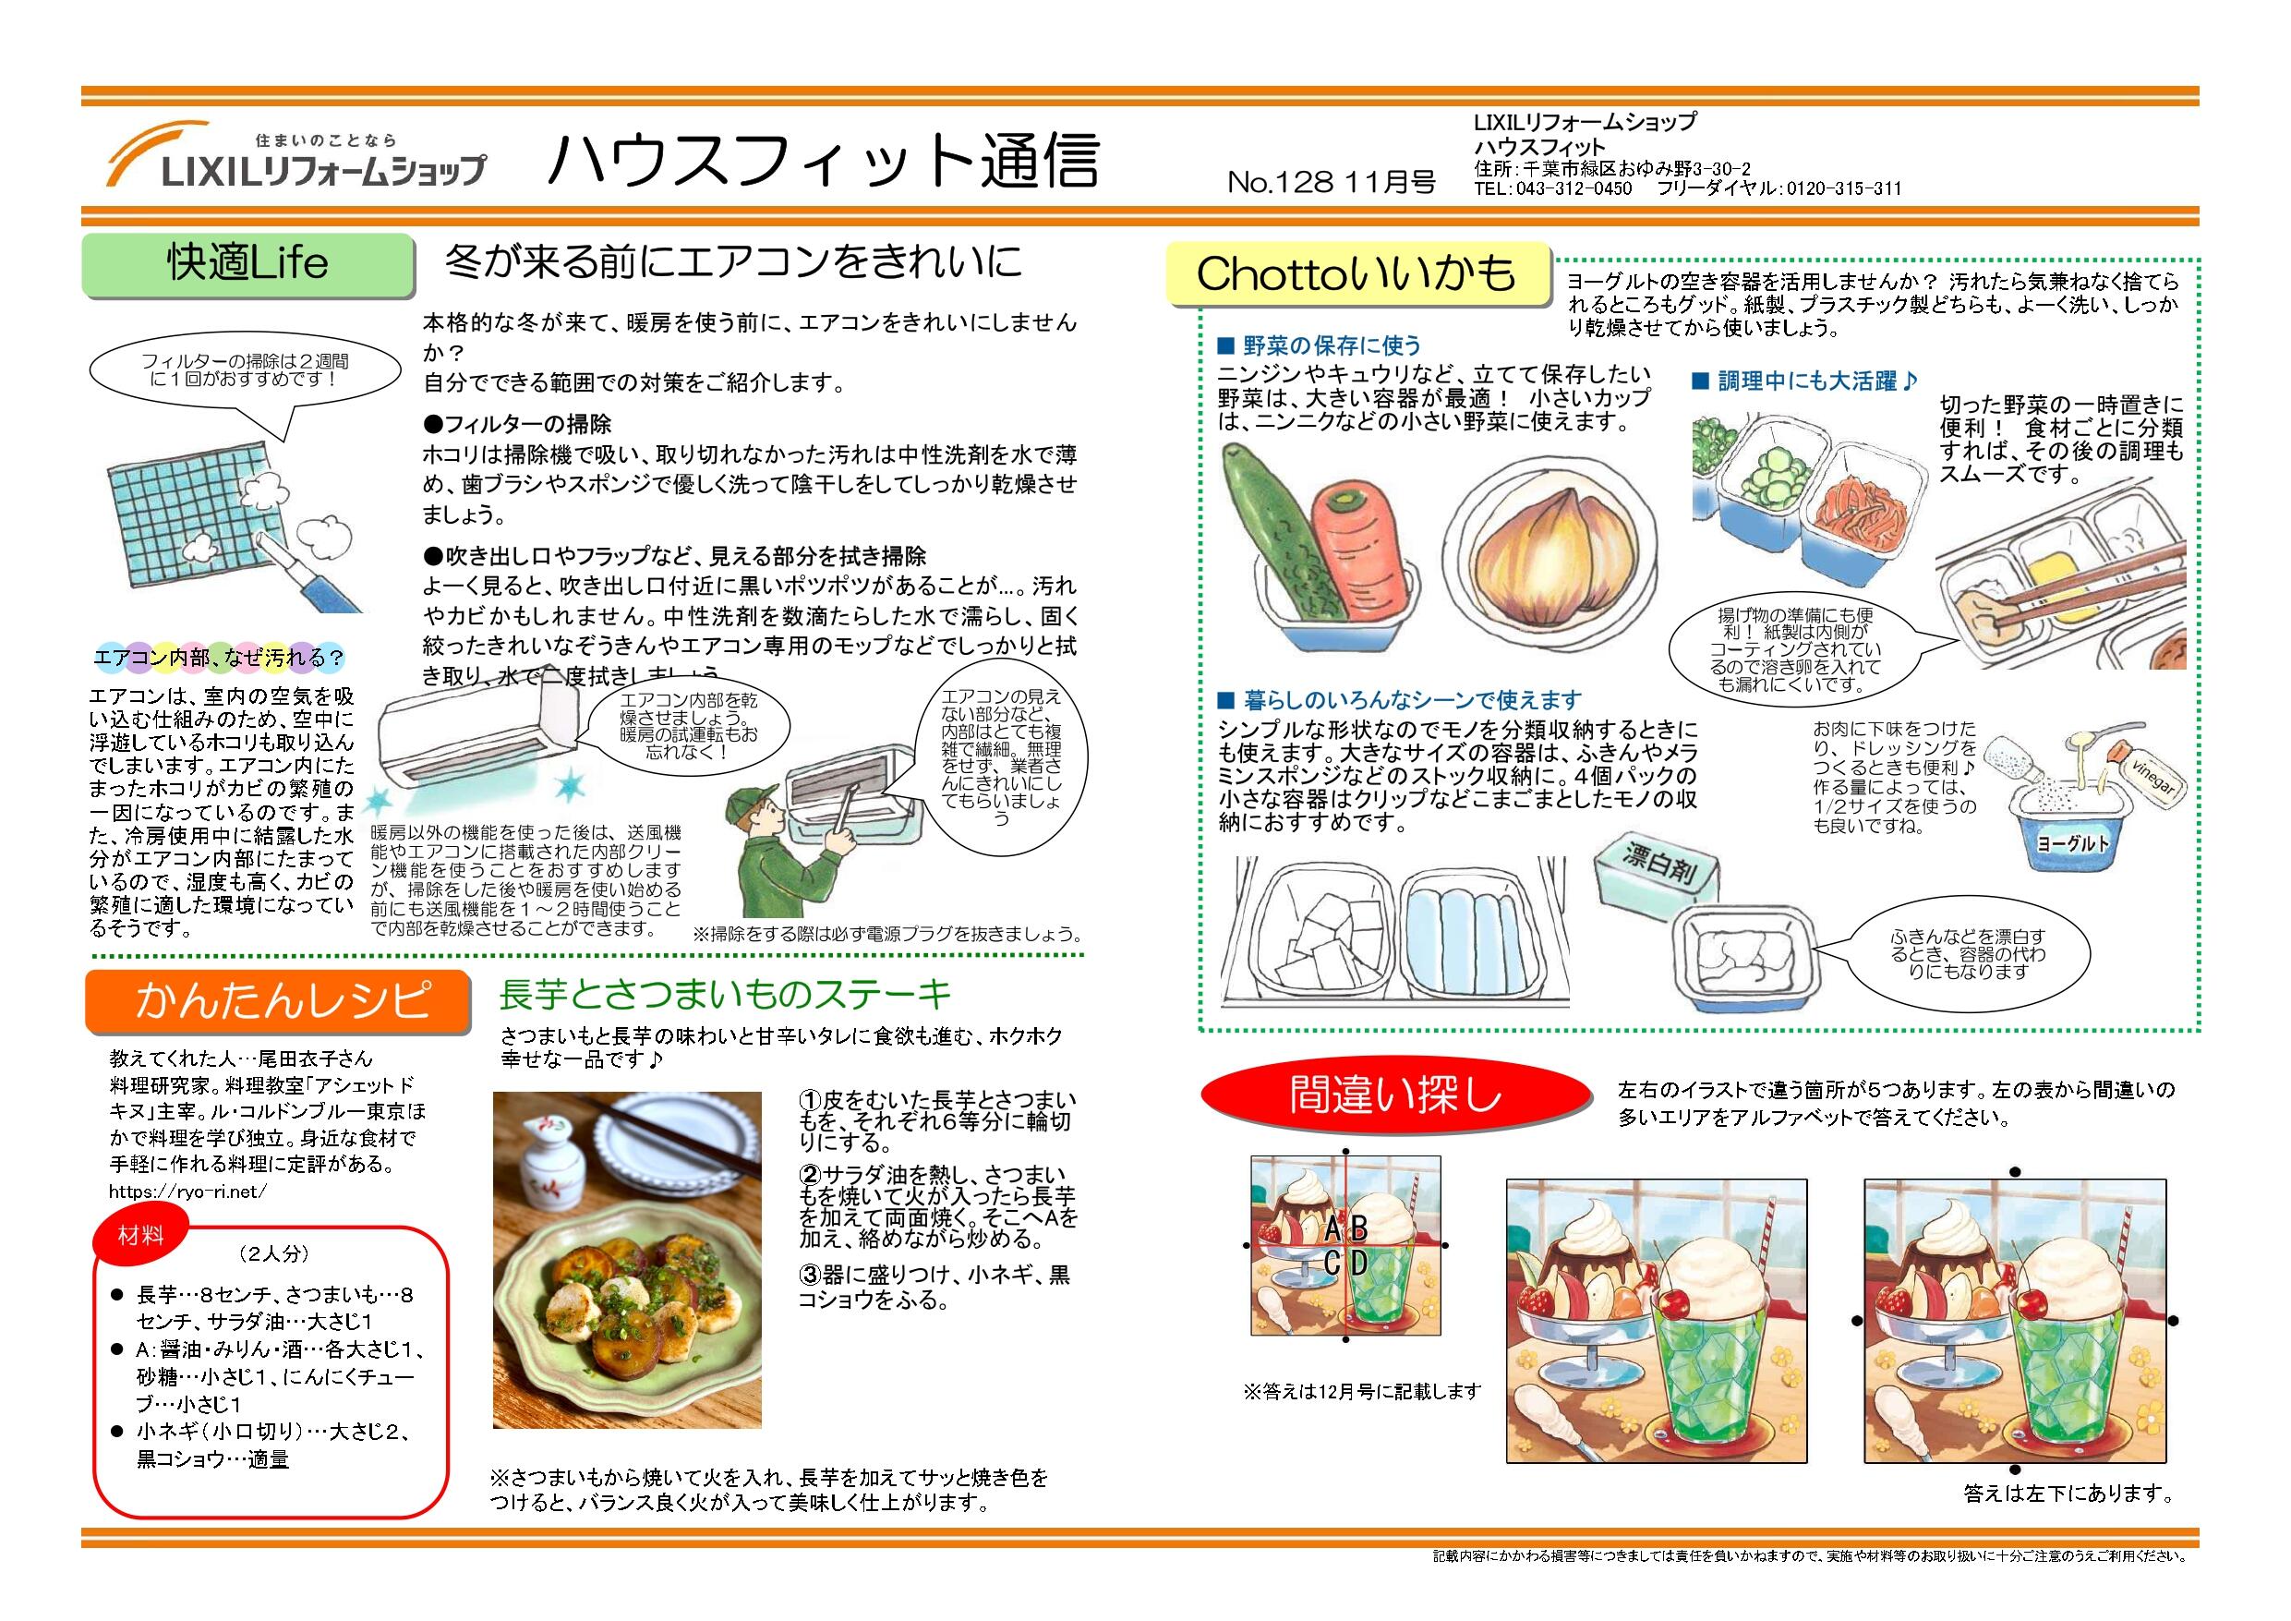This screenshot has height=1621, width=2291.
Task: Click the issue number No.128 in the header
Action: point(1280,182)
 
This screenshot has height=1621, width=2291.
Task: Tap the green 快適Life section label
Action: point(247,264)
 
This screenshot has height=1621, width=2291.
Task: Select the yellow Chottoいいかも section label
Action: point(1357,273)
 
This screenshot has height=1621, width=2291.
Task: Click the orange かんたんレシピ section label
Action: point(277,1000)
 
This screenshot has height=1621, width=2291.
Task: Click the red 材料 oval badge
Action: point(140,1236)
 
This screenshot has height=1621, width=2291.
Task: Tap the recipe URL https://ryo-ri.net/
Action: point(188,1191)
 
